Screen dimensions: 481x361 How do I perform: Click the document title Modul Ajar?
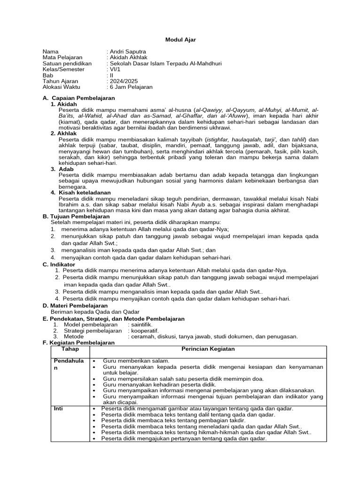coord(180,40)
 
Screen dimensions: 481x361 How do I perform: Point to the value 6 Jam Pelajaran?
coord(131,87)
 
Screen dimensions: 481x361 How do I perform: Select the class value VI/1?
coord(115,69)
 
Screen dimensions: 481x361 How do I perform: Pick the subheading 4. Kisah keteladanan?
coord(80,193)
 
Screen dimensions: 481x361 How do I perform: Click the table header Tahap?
coord(70,349)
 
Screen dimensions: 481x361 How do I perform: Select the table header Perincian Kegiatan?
coord(208,349)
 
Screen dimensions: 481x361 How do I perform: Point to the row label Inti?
coord(58,409)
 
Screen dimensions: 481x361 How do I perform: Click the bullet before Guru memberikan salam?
coord(95,361)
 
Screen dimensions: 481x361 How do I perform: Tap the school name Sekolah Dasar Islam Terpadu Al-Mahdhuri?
coord(165,63)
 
